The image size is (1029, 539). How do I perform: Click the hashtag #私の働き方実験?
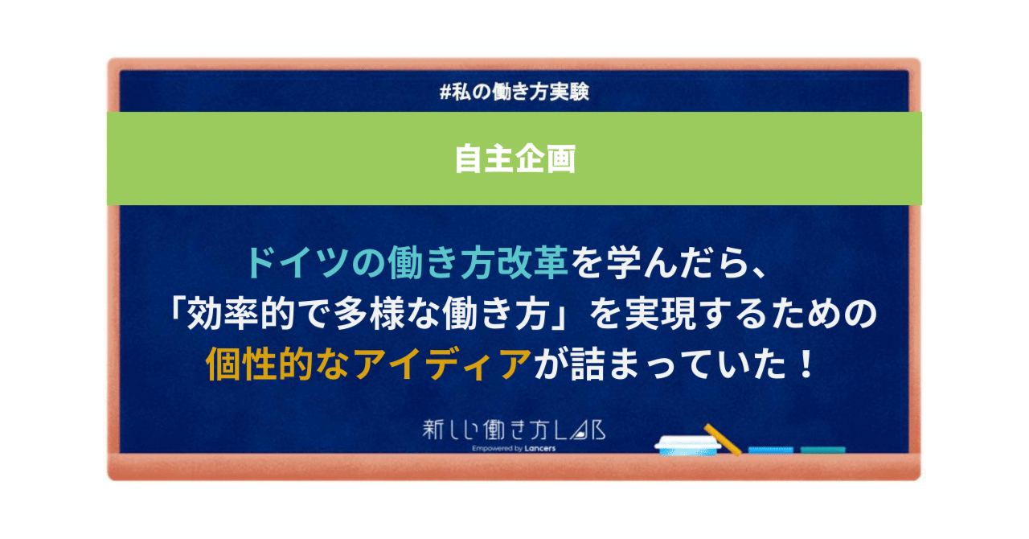pyautogui.click(x=514, y=92)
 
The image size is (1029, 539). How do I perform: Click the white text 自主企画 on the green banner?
pyautogui.click(x=514, y=158)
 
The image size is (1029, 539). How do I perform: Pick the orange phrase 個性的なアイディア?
pyautogui.click(x=369, y=366)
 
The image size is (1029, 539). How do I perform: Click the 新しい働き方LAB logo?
pyautogui.click(x=514, y=430)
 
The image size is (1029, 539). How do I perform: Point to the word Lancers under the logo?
pyautogui.click(x=538, y=449)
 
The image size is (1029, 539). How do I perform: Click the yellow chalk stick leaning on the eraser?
pyautogui.click(x=722, y=438)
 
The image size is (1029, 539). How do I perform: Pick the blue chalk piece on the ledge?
pyautogui.click(x=770, y=450)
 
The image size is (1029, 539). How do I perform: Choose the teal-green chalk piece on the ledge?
pyautogui.click(x=822, y=450)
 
